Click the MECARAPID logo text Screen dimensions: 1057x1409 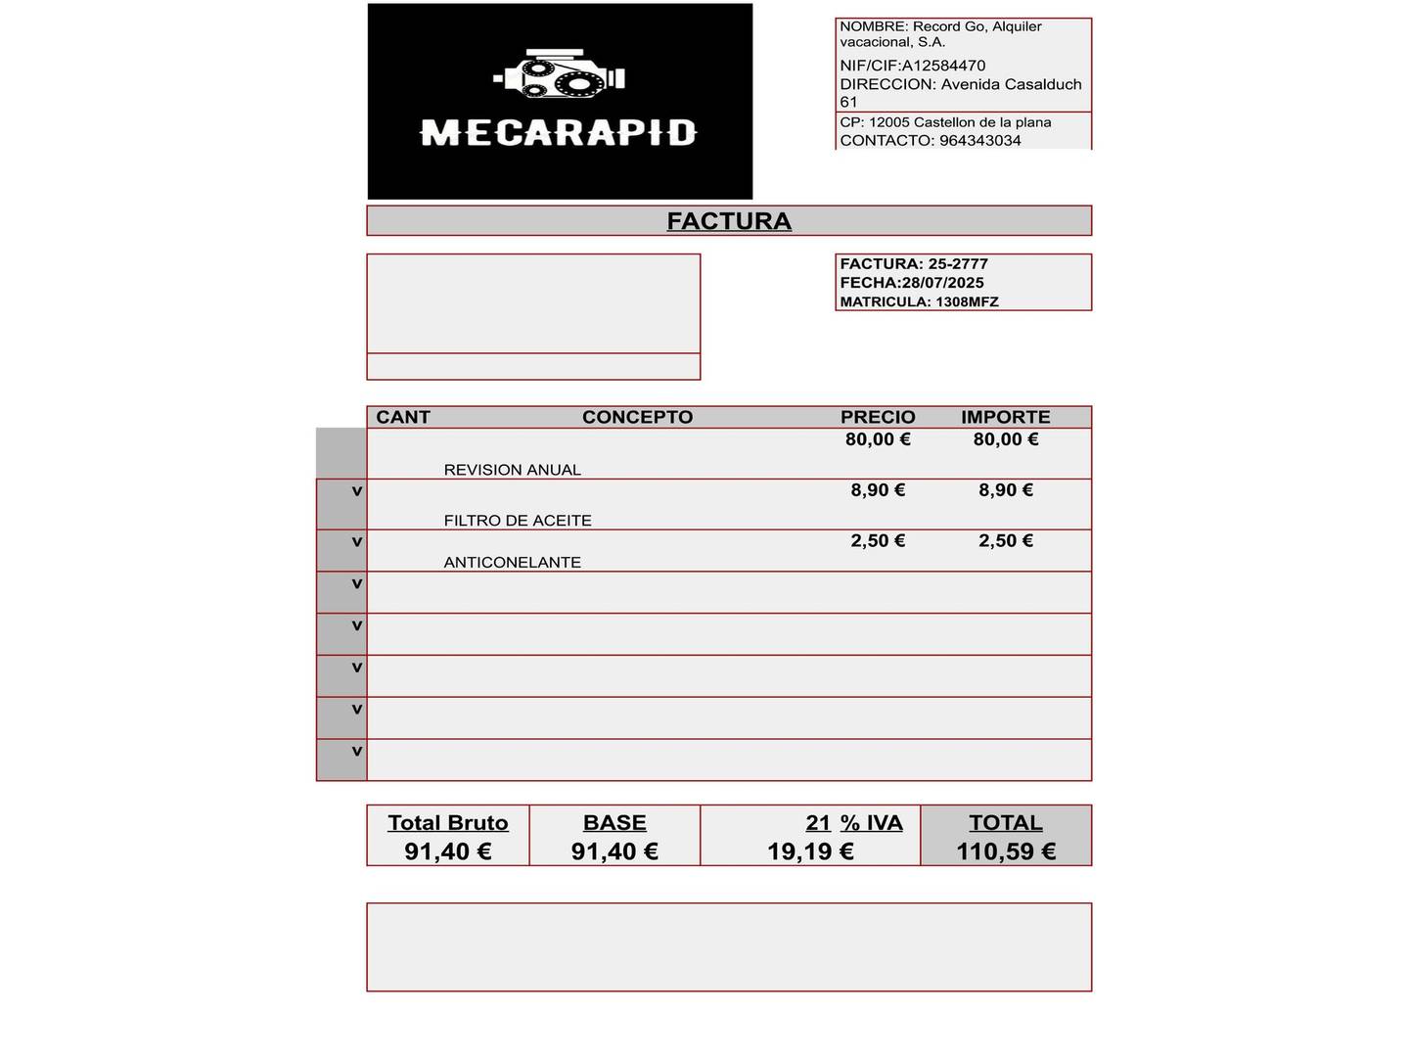tap(558, 132)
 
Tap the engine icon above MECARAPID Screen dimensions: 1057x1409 tap(559, 74)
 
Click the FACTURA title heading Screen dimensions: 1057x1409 tap(729, 221)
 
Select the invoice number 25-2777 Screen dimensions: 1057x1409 tap(958, 264)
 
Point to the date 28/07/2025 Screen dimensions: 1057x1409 tap(943, 283)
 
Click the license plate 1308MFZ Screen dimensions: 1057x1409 tap(967, 301)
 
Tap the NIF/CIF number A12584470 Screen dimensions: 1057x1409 tap(943, 66)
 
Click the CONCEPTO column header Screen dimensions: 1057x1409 tap(637, 417)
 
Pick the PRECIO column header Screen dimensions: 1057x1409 tap(878, 417)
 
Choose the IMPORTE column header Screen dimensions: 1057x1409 tap(1005, 417)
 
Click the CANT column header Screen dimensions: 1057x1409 tap(403, 417)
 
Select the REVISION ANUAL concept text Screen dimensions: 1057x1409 tap(512, 470)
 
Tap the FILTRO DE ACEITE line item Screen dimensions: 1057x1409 tap(518, 521)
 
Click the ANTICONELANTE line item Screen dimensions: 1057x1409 tap(512, 563)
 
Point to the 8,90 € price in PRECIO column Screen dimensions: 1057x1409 tap(878, 490)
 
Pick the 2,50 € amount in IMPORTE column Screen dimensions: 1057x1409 tap(1005, 541)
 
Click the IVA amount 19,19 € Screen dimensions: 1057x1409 tap(810, 851)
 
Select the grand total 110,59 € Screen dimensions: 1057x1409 tap(1006, 851)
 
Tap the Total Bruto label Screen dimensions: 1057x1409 tap(448, 823)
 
